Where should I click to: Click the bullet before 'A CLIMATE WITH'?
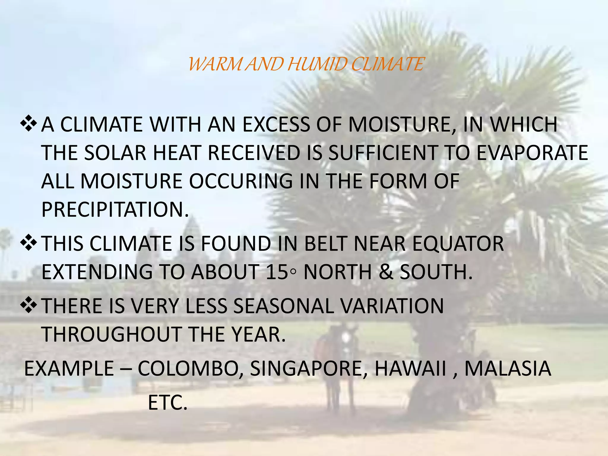point(29,124)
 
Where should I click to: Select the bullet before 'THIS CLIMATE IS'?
point(29,243)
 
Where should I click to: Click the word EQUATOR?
point(458,244)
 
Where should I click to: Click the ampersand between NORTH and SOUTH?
point(386,272)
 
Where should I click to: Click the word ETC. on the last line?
point(168,403)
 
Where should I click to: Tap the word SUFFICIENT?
point(383,153)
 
